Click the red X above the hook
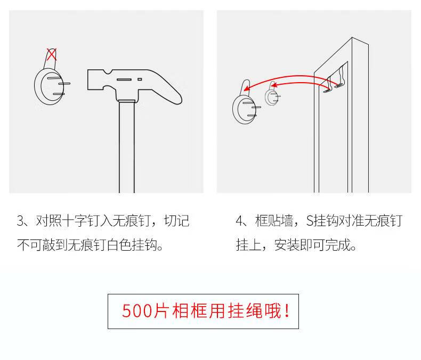click(52, 54)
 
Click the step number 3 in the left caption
click(21, 221)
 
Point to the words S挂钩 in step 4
click(320, 221)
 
